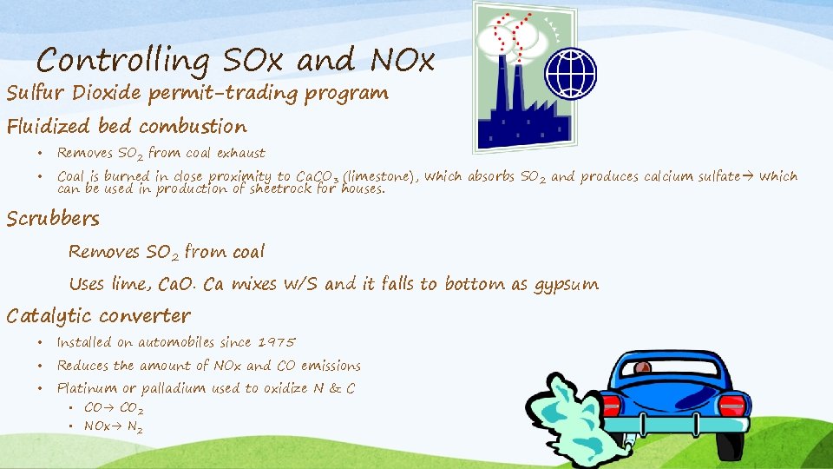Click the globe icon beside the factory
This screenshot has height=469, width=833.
pyautogui.click(x=570, y=73)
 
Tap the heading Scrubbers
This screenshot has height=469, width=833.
pyautogui.click(x=53, y=219)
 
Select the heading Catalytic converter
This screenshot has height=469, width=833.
pyautogui.click(x=98, y=315)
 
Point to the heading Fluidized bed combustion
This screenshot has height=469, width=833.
pyautogui.click(x=127, y=127)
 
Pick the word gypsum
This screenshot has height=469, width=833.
pyautogui.click(x=565, y=284)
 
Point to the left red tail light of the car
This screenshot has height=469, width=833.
pyautogui.click(x=612, y=405)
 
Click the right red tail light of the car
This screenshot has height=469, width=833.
pyautogui.click(x=731, y=405)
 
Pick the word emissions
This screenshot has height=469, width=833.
pyautogui.click(x=331, y=366)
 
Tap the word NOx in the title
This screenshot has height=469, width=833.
pyautogui.click(x=401, y=61)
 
